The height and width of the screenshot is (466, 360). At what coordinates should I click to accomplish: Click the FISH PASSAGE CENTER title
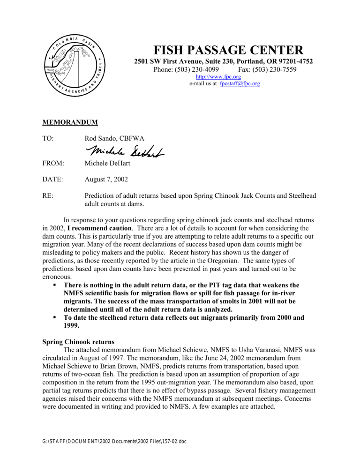(226, 49)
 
